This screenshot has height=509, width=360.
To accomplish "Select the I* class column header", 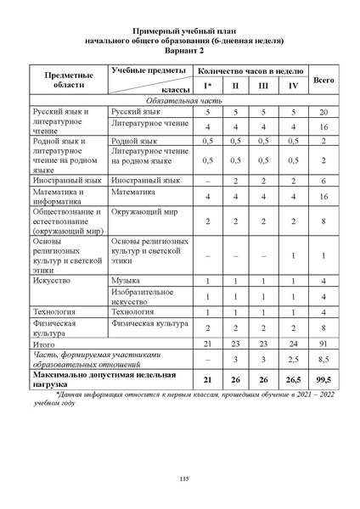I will tap(208, 87).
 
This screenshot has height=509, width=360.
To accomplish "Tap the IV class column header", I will tap(293, 87).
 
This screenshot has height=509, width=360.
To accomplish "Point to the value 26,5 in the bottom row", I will tap(293, 378).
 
